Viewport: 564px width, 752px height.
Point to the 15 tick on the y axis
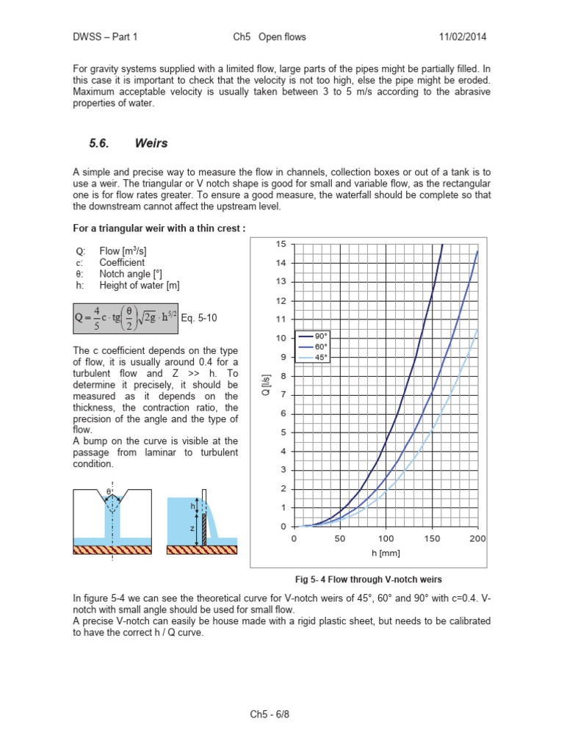(281, 244)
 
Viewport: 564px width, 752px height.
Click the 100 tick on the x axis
(386, 538)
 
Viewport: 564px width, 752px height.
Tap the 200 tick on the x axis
(478, 538)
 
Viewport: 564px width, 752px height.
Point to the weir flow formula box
(126, 318)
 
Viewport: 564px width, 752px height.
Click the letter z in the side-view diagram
(191, 528)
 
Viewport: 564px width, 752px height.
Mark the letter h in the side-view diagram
(193, 506)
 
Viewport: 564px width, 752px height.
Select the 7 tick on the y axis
(283, 394)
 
